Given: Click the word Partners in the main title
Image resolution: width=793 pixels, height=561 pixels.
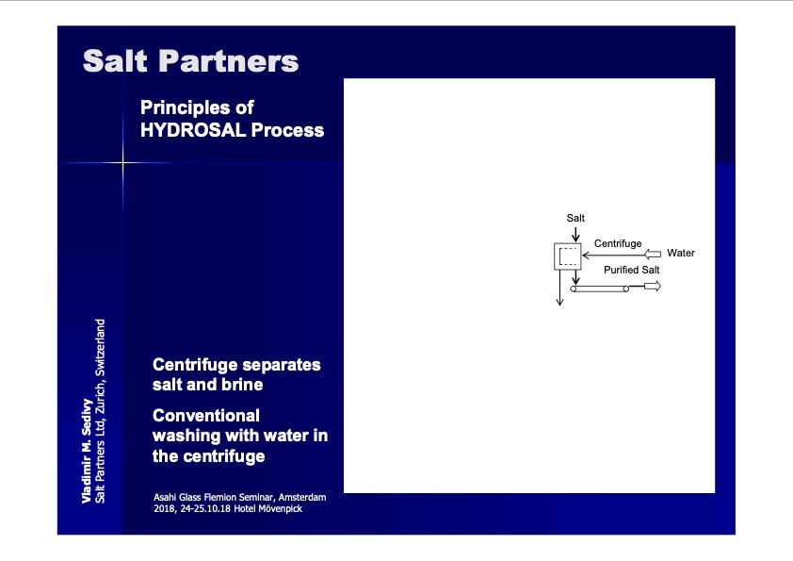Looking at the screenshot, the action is pyautogui.click(x=228, y=61).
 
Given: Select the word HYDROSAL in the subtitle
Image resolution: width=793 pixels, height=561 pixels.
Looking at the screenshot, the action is pyautogui.click(x=193, y=130).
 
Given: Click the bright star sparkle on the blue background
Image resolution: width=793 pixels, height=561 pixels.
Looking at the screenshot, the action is pyautogui.click(x=122, y=162).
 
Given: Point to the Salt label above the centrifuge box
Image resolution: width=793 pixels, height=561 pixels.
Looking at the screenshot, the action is pyautogui.click(x=575, y=218).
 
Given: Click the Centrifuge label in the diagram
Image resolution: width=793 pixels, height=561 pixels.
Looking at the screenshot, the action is pyautogui.click(x=618, y=243).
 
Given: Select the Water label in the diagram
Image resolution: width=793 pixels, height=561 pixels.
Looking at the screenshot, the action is pyautogui.click(x=681, y=254).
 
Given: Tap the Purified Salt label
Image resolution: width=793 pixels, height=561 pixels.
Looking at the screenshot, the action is pyautogui.click(x=632, y=270).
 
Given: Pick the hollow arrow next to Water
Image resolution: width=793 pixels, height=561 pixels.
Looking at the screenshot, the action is pyautogui.click(x=653, y=255).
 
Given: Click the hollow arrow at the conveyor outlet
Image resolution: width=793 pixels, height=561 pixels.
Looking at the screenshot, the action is pyautogui.click(x=653, y=287).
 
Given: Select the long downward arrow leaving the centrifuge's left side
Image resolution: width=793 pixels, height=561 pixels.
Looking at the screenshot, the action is pyautogui.click(x=559, y=288).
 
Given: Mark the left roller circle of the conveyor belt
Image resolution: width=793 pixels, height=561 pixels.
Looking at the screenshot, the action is pyautogui.click(x=573, y=289).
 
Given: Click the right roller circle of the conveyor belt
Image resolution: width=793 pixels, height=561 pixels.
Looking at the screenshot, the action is pyautogui.click(x=626, y=289).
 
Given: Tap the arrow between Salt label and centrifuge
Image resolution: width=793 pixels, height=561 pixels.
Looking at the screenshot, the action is pyautogui.click(x=575, y=235).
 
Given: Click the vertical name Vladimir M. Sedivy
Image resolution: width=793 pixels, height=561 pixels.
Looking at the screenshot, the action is pyautogui.click(x=87, y=451).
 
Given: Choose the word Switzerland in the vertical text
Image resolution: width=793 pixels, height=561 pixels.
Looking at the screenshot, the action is pyautogui.click(x=100, y=347).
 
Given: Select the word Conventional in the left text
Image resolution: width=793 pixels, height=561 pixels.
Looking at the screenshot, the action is pyautogui.click(x=206, y=416).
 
